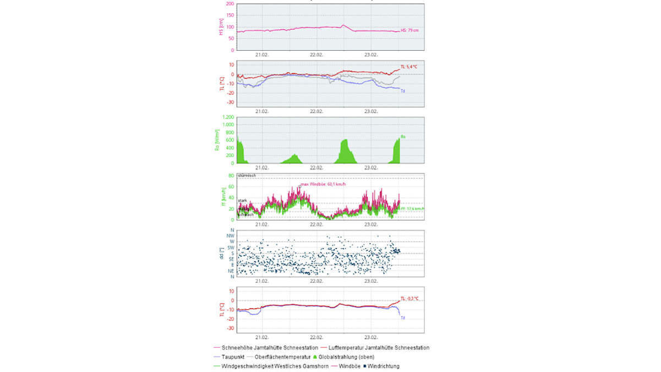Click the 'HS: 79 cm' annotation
point(409,31)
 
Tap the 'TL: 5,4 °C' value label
point(410,67)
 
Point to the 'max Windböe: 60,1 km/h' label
point(323,184)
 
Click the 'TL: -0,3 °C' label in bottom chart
point(409,298)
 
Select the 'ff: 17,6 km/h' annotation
point(411,209)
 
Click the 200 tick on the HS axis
point(230,4)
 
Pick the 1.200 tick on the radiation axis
point(227,117)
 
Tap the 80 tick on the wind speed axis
point(231,175)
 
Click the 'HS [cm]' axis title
point(221,27)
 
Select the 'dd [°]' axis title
point(221,253)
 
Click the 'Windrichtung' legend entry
point(384,366)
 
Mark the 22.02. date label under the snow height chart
point(316,54)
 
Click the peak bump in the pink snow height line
point(343,25)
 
